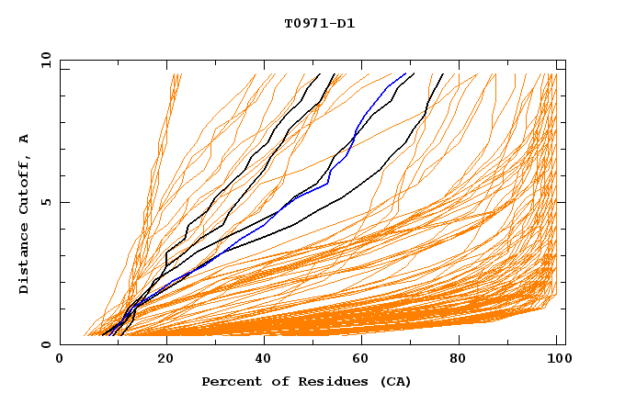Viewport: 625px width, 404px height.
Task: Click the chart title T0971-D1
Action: coord(320,23)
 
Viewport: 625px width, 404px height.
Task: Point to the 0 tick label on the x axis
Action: coord(61,360)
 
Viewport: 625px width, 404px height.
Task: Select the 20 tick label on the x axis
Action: coord(160,360)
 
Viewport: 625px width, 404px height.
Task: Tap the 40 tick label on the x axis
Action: coord(260,360)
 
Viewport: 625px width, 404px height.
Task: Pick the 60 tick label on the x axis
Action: coord(359,360)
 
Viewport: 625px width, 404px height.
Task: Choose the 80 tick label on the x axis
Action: coord(460,360)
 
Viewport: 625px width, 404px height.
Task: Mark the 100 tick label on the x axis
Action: coord(555,360)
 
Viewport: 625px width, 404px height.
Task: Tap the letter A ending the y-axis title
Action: coord(25,138)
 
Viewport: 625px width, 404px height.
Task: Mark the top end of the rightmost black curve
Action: coord(442,73)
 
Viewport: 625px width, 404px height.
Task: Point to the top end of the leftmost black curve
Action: coord(319,73)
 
